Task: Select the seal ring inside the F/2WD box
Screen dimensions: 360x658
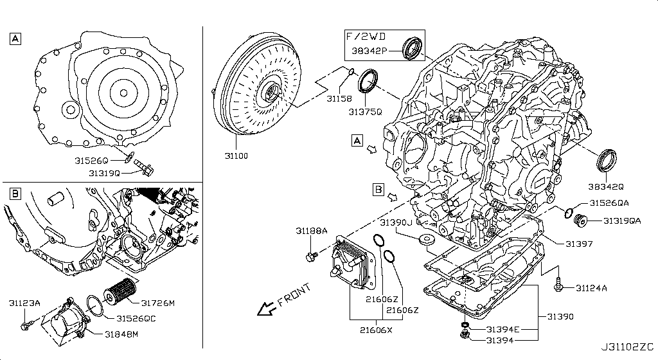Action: [411, 48]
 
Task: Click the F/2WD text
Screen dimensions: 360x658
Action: [366, 36]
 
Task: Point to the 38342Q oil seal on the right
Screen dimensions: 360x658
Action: [607, 160]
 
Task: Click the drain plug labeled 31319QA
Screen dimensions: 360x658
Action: [581, 221]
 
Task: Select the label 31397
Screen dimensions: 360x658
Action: [579, 244]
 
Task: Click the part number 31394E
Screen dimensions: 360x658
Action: [502, 330]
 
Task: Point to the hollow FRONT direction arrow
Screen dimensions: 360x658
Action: [265, 309]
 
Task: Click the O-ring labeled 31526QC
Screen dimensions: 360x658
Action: [94, 305]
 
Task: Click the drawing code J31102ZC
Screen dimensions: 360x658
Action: [627, 348]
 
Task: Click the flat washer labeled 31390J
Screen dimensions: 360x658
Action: [426, 240]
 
